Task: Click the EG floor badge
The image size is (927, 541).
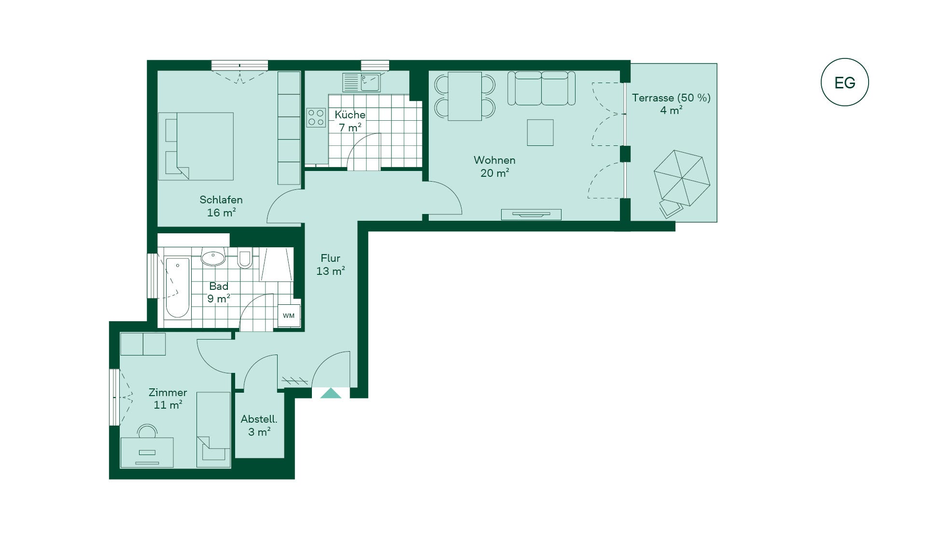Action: click(844, 82)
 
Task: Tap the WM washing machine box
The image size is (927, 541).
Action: click(289, 316)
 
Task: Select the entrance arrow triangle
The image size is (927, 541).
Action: click(331, 393)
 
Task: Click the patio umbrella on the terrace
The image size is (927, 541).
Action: click(682, 178)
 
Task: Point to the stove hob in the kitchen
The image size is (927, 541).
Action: click(316, 117)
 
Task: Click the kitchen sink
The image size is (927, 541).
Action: click(362, 82)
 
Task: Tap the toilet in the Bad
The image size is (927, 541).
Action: click(245, 258)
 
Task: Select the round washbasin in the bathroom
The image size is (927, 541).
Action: click(213, 257)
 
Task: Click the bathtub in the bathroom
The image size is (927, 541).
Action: click(177, 287)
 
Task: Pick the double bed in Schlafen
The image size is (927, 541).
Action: click(196, 146)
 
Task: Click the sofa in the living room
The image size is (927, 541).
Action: click(541, 88)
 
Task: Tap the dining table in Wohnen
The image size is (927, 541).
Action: click(464, 96)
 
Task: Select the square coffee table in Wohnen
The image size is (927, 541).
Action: click(540, 132)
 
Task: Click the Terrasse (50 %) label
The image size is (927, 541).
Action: click(671, 98)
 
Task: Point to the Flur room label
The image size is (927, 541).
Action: click(330, 258)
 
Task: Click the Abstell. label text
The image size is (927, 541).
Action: click(259, 419)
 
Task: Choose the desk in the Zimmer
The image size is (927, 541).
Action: click(147, 453)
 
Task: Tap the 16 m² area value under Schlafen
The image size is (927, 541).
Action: click(221, 213)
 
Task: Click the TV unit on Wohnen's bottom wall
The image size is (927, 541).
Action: click(531, 214)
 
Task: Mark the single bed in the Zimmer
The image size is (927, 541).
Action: click(213, 429)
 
